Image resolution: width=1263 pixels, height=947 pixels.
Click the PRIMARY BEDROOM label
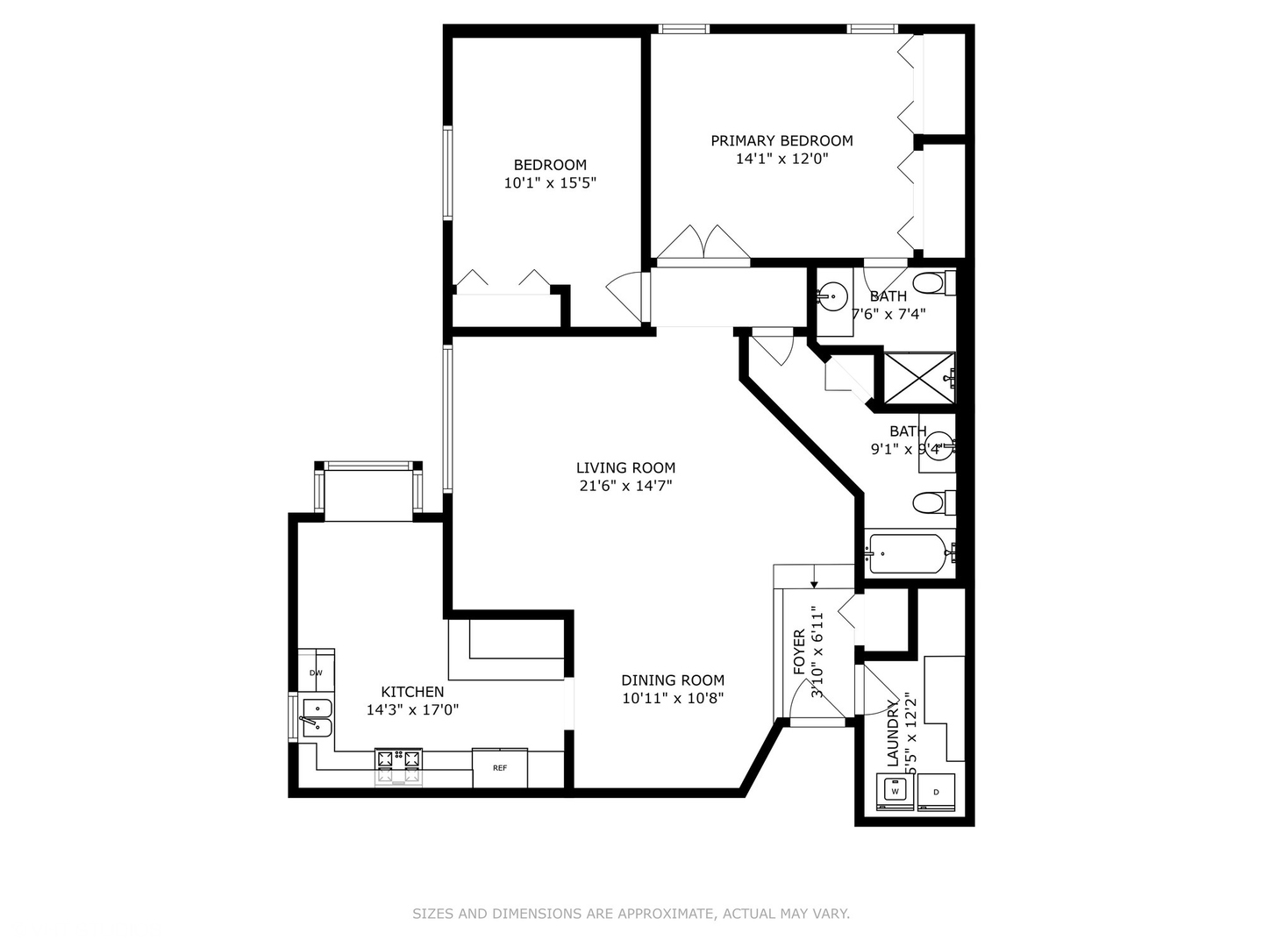click(x=781, y=140)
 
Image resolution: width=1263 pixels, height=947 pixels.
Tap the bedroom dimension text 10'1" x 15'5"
click(x=550, y=183)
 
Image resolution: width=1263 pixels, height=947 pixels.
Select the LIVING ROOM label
click(x=625, y=467)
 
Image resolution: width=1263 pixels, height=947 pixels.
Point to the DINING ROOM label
click(x=673, y=680)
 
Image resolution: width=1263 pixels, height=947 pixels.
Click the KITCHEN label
click(x=412, y=692)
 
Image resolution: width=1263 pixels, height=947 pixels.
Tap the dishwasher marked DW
click(x=316, y=673)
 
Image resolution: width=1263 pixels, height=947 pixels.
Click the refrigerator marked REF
click(x=500, y=768)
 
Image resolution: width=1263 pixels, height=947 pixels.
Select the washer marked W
click(x=896, y=791)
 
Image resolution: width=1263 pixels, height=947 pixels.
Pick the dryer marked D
click(x=936, y=792)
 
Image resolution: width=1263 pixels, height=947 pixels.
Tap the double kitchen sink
click(x=316, y=717)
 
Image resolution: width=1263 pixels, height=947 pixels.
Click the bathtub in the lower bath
click(x=907, y=553)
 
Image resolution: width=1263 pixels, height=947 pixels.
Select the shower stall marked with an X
click(x=917, y=379)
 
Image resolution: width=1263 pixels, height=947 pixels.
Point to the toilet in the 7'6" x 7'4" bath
click(x=928, y=283)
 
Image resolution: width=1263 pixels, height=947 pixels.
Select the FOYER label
click(x=798, y=652)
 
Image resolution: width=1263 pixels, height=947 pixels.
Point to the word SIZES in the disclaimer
click(x=432, y=914)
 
